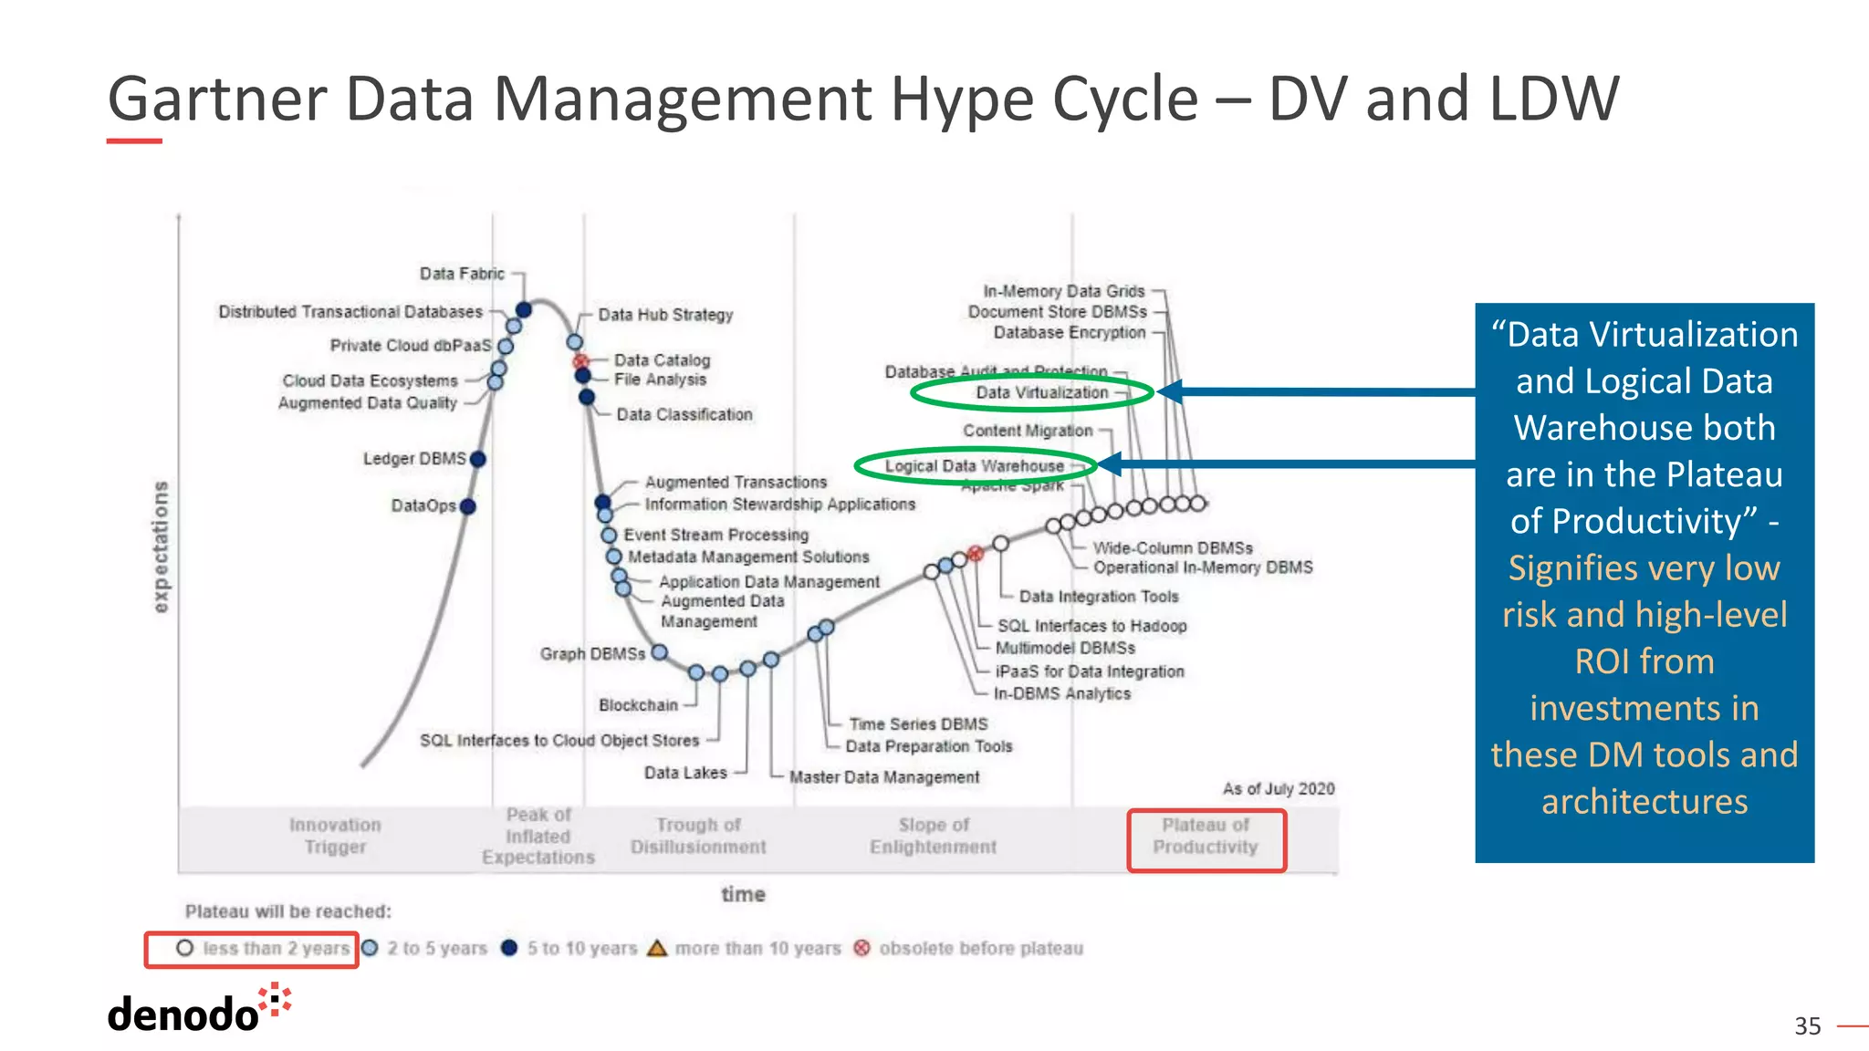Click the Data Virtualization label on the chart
click(x=1041, y=392)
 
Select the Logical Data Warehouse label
click(x=974, y=466)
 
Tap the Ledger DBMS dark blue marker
click(x=477, y=459)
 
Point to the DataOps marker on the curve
click(x=468, y=506)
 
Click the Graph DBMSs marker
click(x=659, y=652)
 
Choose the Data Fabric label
click(x=462, y=274)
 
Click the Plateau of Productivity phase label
click(x=1205, y=837)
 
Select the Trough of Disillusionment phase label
click(x=698, y=837)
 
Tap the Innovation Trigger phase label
click(x=335, y=837)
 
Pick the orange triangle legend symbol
click(x=657, y=949)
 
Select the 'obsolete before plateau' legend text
click(x=980, y=949)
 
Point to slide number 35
click(x=1807, y=1026)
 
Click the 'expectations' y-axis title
click(x=162, y=546)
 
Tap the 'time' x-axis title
click(x=743, y=895)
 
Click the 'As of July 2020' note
click(x=1278, y=789)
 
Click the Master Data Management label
click(x=883, y=777)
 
